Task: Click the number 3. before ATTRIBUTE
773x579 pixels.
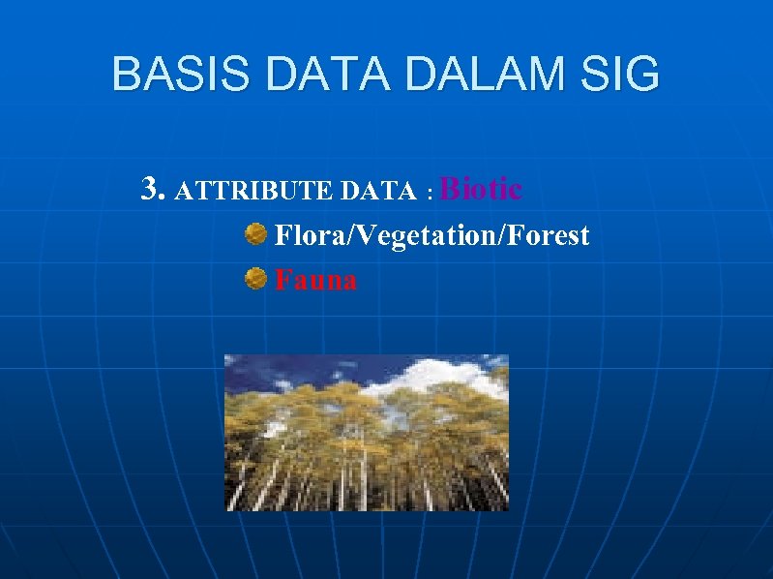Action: coord(153,189)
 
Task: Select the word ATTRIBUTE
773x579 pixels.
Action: coord(254,192)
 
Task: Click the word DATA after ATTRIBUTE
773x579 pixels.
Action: coord(378,192)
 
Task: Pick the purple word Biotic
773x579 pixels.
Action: coord(481,188)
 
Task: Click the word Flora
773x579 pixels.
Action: coord(306,235)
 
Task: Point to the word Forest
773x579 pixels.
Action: coord(547,235)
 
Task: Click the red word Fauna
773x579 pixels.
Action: coord(316,281)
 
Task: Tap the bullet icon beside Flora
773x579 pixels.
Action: coord(254,233)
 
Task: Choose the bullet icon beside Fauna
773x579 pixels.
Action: coord(254,279)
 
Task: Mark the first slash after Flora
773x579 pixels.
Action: coord(342,236)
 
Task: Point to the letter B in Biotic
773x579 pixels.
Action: coord(449,188)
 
